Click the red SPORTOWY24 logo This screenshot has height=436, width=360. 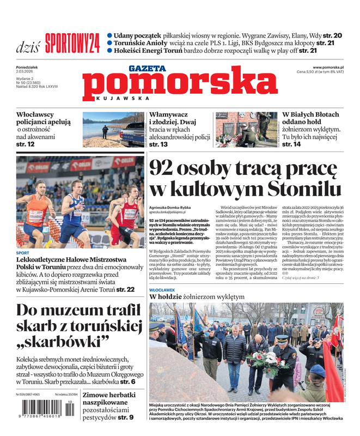(72, 41)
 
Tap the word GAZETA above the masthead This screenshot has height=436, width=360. (147, 69)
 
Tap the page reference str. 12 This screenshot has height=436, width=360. (25, 144)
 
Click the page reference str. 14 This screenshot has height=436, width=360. (291, 144)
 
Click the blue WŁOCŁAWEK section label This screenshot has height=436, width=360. (162, 290)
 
